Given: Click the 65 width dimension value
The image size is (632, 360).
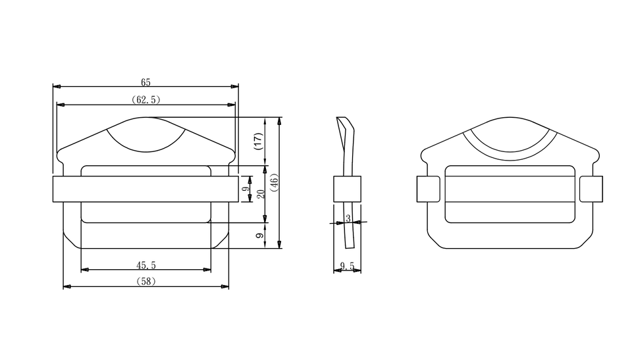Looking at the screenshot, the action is tap(145, 82).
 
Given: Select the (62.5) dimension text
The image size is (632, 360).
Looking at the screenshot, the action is tap(146, 99).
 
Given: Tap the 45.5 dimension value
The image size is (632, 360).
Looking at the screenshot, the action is tap(146, 265).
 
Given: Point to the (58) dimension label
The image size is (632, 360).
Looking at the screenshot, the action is tap(146, 282).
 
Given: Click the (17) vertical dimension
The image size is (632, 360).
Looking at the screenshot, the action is tap(258, 141).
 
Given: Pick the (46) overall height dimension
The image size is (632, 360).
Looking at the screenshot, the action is tap(274, 182).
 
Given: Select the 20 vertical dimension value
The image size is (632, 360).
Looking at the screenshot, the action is tap(261, 194).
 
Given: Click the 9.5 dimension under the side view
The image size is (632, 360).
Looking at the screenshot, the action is tap(347, 266).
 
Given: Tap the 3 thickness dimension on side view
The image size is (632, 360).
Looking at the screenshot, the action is tap(348, 219).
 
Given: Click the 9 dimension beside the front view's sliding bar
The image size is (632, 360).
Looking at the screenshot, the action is tap(246, 189).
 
